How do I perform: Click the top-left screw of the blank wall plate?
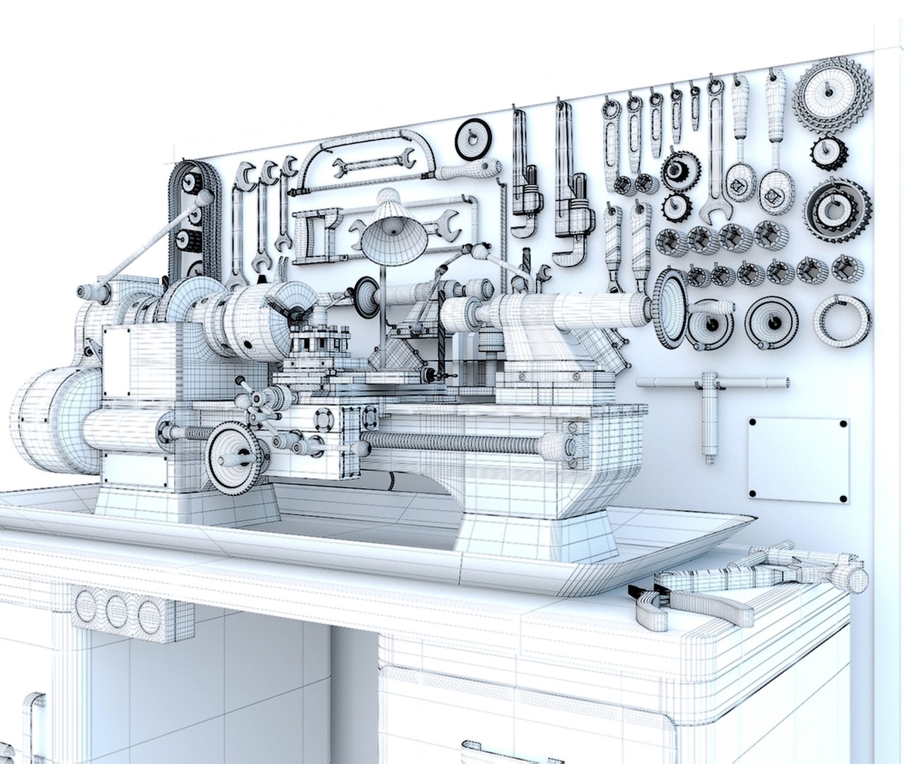coord(754,423)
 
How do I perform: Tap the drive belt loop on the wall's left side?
coord(191,219)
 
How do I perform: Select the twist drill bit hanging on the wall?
coord(527,269)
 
